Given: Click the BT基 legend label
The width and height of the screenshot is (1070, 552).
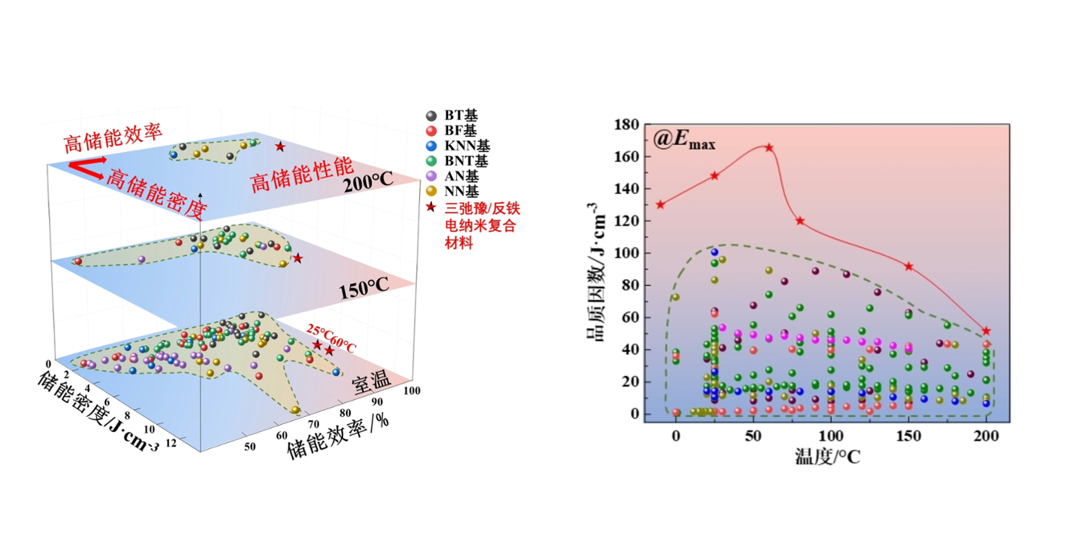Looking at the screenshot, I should (x=460, y=116).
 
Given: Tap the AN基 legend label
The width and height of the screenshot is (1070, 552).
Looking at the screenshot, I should (x=461, y=176).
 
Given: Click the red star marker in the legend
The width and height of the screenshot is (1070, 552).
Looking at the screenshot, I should (x=431, y=207).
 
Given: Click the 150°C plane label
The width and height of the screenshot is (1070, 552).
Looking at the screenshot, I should (x=364, y=288).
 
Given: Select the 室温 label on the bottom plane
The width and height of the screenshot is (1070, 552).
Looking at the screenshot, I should (x=372, y=382).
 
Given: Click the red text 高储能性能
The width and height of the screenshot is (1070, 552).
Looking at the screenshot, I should (x=302, y=175).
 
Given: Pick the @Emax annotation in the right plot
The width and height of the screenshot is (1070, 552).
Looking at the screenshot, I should (x=684, y=140).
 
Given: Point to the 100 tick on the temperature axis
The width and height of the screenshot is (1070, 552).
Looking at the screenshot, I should (x=831, y=436).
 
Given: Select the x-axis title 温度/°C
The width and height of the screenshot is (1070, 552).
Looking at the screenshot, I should (x=827, y=456).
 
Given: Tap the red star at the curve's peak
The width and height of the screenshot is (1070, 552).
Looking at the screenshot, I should (x=769, y=148).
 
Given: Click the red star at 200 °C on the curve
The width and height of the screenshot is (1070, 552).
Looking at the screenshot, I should (x=986, y=332).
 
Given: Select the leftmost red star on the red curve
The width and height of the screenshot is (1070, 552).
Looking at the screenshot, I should (x=661, y=204).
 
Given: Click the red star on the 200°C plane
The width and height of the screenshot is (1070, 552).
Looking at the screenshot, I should (x=280, y=147).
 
